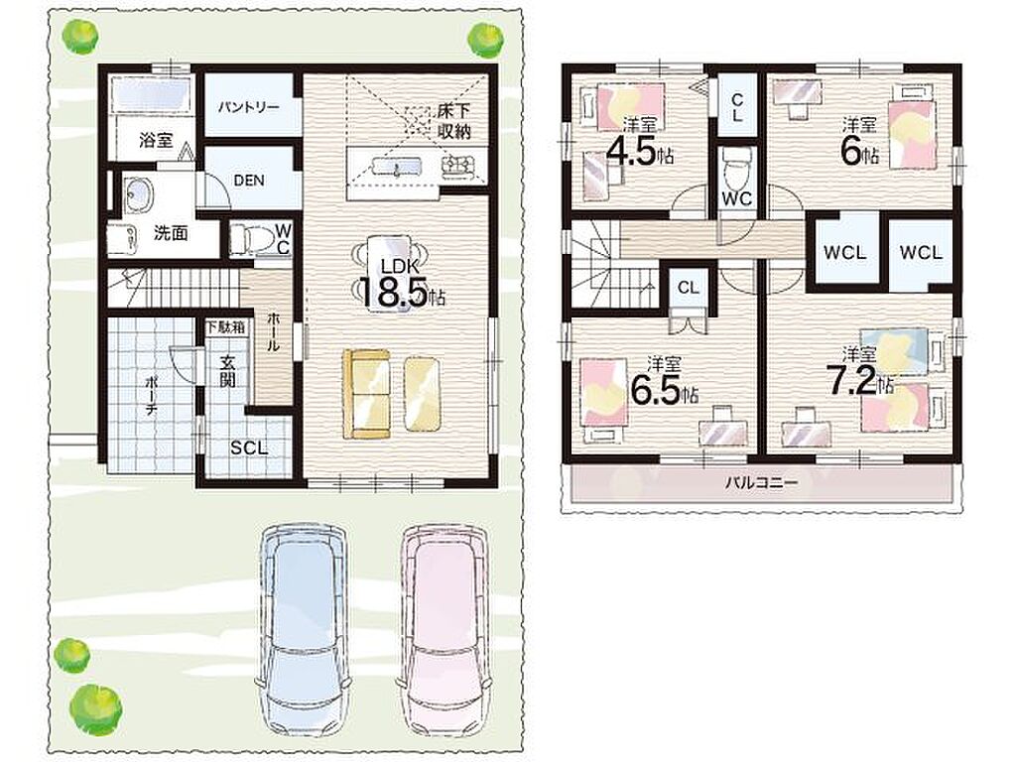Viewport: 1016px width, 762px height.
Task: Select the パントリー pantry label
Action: pyautogui.click(x=249, y=107)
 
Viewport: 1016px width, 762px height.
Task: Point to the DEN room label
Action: pyautogui.click(x=249, y=181)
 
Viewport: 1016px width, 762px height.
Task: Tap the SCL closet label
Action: pyautogui.click(x=249, y=447)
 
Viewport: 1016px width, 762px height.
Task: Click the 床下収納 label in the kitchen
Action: pyautogui.click(x=453, y=121)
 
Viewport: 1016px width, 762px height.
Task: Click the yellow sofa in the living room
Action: pyautogui.click(x=367, y=394)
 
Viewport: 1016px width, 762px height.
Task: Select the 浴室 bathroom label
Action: pyautogui.click(x=156, y=140)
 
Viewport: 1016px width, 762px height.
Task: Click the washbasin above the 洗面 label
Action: pyautogui.click(x=138, y=193)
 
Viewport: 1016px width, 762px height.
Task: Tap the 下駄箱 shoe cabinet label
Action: pyautogui.click(x=226, y=326)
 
